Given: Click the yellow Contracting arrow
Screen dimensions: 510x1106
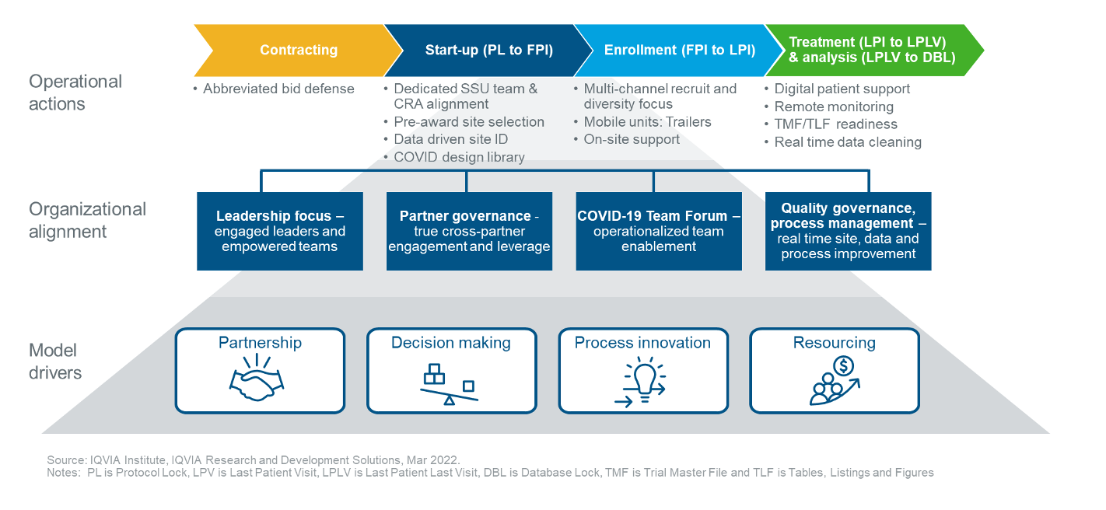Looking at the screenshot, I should click(x=298, y=51).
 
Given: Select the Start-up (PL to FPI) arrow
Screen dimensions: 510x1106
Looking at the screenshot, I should click(x=488, y=51).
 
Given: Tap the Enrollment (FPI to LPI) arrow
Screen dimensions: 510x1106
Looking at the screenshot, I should click(x=679, y=51).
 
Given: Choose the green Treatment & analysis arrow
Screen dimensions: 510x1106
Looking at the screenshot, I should click(x=872, y=51).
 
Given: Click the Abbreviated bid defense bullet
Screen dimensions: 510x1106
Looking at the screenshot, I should click(x=278, y=89).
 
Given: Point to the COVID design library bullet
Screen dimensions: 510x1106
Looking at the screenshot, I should click(x=459, y=157).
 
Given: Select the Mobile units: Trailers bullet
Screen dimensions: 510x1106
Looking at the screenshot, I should click(x=647, y=122).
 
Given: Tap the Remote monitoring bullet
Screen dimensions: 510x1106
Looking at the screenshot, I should click(x=834, y=107).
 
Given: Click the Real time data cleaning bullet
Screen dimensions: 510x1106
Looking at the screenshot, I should click(x=848, y=142).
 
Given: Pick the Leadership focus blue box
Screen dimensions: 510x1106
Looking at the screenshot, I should click(x=280, y=231).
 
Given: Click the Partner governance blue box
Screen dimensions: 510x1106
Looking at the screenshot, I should click(x=469, y=231).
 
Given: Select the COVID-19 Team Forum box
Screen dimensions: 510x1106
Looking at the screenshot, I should click(x=658, y=231).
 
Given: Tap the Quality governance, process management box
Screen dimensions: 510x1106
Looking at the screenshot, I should click(x=848, y=231).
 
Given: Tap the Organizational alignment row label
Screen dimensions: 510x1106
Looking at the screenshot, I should click(x=87, y=220).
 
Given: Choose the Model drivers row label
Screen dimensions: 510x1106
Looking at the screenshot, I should click(x=55, y=362).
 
